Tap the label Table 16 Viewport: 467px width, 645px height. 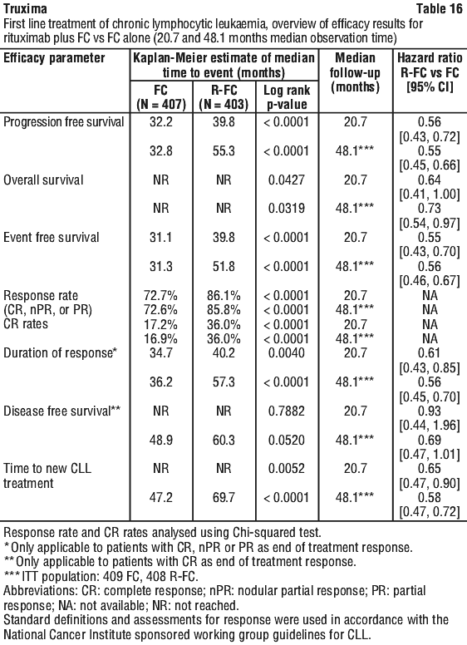tap(439, 8)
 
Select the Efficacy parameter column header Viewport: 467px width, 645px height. tap(54, 58)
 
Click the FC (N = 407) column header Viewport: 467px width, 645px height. tap(160, 97)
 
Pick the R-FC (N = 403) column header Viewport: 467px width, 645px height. tap(224, 97)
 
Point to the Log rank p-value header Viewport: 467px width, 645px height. tap(287, 97)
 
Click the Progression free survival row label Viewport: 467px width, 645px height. tap(64, 122)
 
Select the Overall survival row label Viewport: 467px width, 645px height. tap(43, 180)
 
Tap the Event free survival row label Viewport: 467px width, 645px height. tap(52, 238)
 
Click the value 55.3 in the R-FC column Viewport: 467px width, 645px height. tap(224, 151)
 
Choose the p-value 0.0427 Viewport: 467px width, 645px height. tap(287, 180)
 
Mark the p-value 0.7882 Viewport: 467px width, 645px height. tap(287, 411)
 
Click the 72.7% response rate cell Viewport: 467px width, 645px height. tap(160, 295)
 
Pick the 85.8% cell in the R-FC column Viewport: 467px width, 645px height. tap(224, 309)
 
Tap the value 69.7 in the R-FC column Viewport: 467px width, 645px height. tap(224, 497)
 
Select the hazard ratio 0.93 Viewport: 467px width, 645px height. tap(430, 411)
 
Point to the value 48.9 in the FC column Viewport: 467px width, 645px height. tap(160, 440)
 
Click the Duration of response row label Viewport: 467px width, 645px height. tap(61, 353)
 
